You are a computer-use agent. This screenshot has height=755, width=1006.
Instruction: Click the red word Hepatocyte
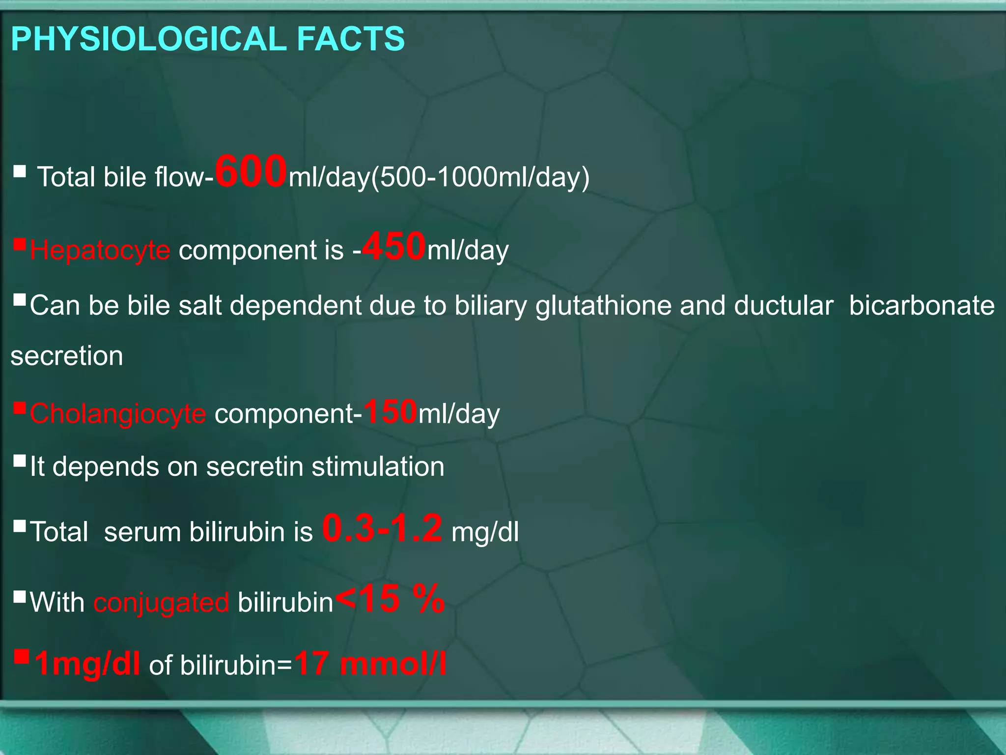coord(100,250)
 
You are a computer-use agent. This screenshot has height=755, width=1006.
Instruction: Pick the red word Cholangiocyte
coord(118,413)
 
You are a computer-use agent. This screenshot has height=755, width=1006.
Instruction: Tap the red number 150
coord(390,411)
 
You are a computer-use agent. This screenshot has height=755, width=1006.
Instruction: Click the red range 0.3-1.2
coord(382,528)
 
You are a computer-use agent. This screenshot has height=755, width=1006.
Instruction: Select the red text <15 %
coord(390,599)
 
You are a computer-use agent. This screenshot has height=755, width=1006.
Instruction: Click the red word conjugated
coord(161,602)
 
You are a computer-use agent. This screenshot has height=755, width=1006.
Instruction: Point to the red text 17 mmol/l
coord(370,664)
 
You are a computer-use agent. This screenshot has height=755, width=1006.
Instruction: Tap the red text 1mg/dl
coord(87,664)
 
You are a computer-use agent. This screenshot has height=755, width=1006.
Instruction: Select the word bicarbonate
coord(922,305)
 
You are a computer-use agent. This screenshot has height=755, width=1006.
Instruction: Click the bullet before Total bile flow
coord(20,171)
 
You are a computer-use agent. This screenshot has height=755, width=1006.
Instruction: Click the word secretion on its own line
coord(67,356)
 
